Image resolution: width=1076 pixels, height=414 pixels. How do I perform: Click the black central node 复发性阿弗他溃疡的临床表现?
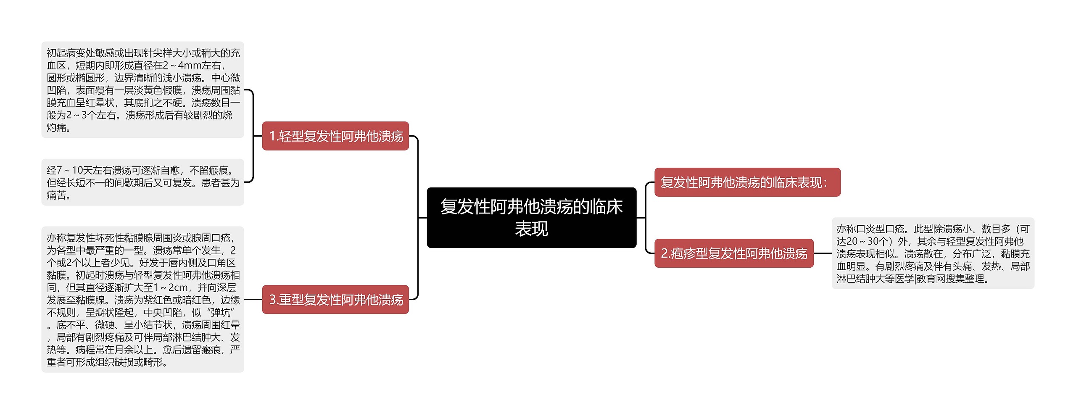click(x=531, y=217)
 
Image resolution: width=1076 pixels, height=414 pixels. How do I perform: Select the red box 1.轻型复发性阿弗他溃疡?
click(x=335, y=136)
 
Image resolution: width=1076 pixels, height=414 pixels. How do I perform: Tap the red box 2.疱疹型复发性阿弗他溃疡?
click(x=734, y=253)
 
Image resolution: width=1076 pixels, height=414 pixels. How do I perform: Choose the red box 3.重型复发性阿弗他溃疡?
click(x=335, y=300)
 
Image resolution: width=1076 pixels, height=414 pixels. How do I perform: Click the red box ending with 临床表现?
click(x=747, y=182)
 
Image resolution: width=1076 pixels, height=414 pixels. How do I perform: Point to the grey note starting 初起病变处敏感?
click(x=142, y=90)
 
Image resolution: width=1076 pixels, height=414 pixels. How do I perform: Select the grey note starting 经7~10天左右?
click(x=142, y=182)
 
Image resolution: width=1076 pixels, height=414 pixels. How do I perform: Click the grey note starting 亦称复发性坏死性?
click(x=142, y=300)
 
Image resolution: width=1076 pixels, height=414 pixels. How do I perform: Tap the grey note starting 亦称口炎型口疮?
click(x=933, y=253)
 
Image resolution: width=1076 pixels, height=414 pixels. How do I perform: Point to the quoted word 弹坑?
click(x=221, y=313)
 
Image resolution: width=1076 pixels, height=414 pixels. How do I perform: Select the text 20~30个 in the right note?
click(x=867, y=242)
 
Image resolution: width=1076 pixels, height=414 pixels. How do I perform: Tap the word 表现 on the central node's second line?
click(x=531, y=229)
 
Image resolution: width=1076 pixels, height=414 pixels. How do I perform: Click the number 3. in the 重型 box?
click(x=274, y=300)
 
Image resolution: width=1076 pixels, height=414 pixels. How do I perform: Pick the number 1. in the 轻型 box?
click(x=274, y=136)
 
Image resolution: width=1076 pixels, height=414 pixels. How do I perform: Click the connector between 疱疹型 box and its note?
click(x=823, y=253)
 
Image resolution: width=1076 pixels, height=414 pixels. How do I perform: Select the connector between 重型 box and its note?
click(x=253, y=300)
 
